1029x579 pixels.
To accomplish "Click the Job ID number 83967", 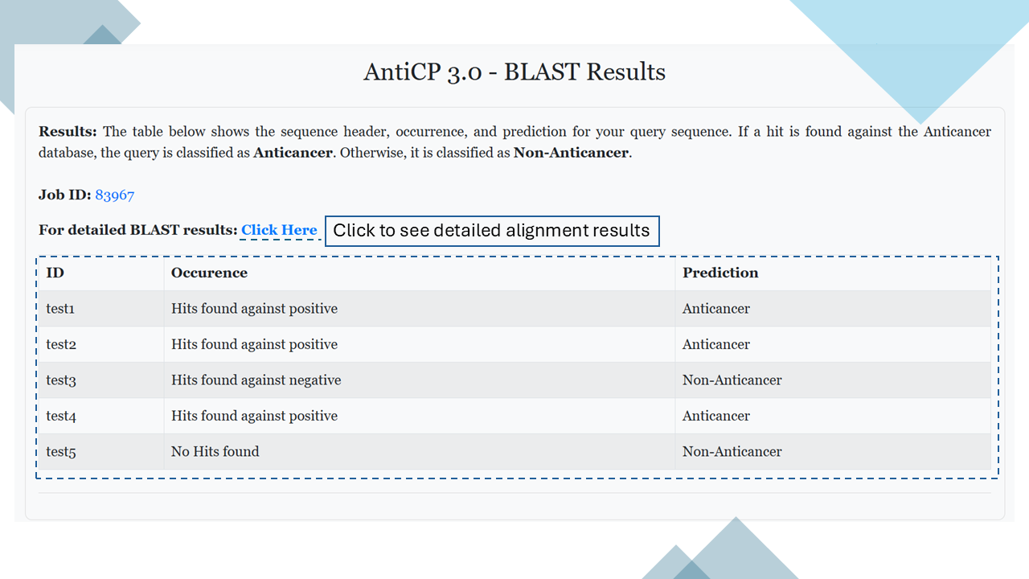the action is point(114,195).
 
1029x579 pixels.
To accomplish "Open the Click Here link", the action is point(279,230).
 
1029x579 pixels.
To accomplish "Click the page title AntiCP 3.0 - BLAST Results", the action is point(514,72).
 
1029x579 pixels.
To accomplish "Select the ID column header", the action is point(55,273).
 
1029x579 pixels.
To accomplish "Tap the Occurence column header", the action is point(209,273).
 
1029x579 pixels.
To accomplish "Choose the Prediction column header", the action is point(720,273).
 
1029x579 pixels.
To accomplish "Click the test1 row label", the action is point(60,309).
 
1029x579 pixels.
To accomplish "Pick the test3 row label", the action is point(61,380).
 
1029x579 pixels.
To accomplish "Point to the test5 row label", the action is point(61,452).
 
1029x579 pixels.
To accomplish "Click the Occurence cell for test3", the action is point(256,380).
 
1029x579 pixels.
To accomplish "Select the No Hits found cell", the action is point(215,451).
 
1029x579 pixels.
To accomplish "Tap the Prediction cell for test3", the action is point(732,380).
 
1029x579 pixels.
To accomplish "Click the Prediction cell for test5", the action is point(732,451).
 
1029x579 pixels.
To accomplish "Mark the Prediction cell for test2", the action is point(715,344).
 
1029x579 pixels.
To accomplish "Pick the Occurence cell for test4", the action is point(254,416).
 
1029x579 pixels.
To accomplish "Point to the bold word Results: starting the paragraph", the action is point(68,132).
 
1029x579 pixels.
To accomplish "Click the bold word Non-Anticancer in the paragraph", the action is point(571,153).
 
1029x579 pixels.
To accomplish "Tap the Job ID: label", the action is point(65,195).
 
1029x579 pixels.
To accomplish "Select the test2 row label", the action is point(61,345).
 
